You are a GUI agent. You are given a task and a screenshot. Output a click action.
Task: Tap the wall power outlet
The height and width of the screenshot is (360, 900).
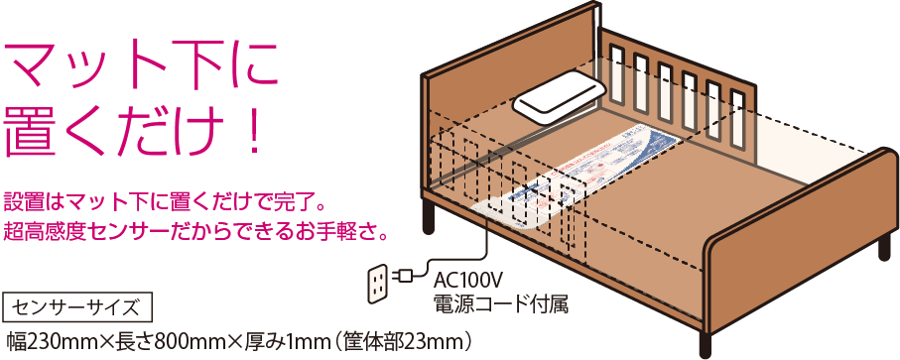(376, 285)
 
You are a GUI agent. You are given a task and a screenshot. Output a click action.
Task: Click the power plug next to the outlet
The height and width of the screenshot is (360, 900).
(406, 275)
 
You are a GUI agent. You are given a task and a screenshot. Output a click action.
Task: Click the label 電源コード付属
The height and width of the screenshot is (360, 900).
(500, 302)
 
